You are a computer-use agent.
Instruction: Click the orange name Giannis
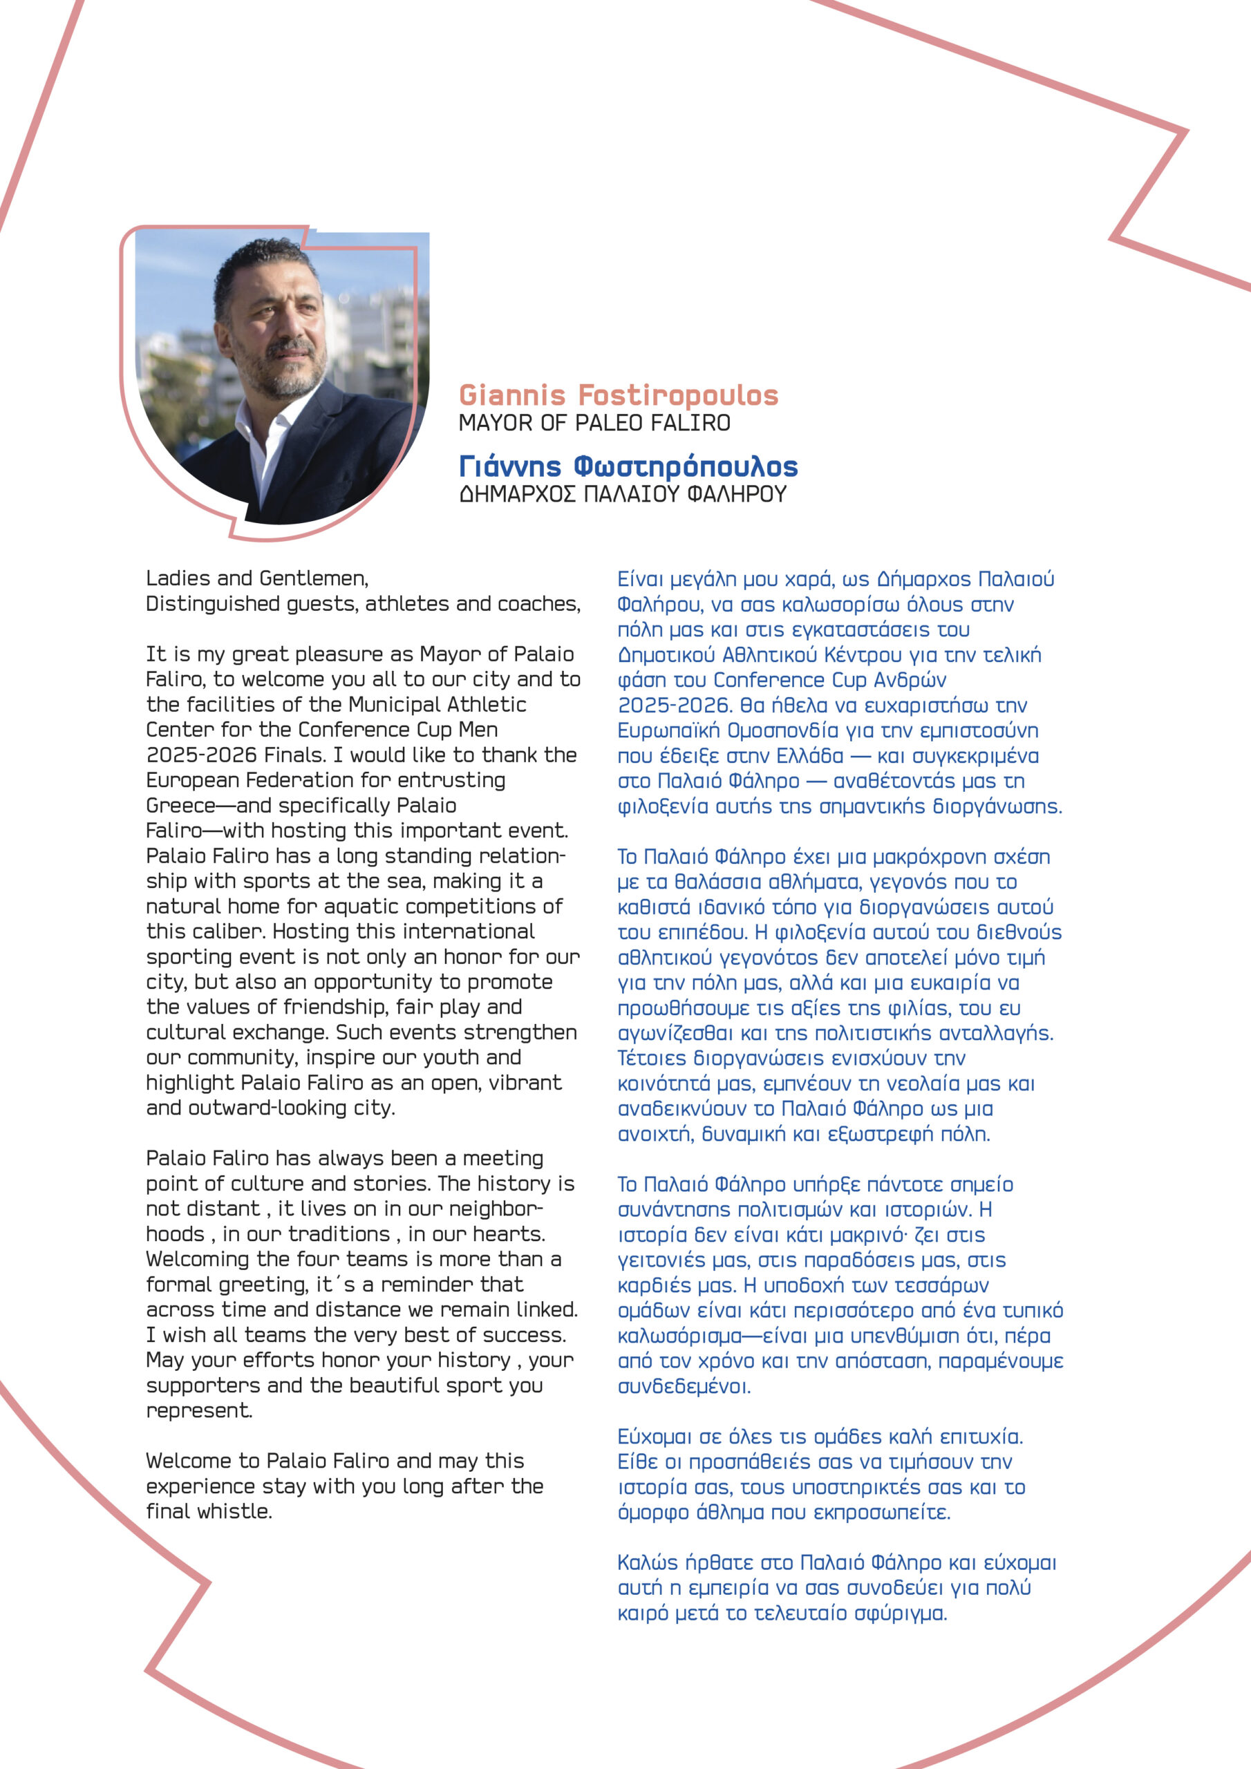tap(512, 395)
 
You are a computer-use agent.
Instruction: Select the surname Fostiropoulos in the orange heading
tap(677, 395)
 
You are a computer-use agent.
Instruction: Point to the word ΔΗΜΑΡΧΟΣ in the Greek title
tap(517, 494)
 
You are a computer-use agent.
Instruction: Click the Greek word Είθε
tap(636, 1462)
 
